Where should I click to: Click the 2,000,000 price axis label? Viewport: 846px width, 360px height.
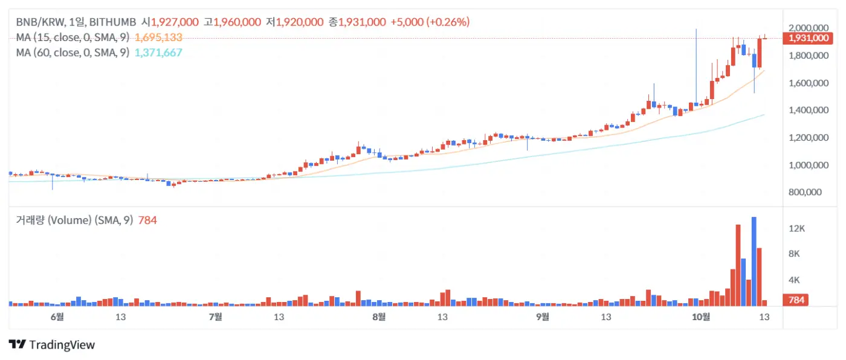pos(809,28)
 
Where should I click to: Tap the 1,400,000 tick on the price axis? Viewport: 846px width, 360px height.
pos(809,110)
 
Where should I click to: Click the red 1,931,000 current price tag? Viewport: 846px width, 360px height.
pos(806,38)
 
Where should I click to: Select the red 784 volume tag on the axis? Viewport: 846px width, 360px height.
pos(795,300)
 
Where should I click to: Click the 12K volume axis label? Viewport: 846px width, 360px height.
pos(798,228)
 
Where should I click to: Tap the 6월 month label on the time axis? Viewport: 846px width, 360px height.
pos(57,317)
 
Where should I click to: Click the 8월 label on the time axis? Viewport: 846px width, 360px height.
pos(379,317)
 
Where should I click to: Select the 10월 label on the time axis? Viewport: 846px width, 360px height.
pos(701,317)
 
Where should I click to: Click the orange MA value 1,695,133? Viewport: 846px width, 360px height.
pos(158,37)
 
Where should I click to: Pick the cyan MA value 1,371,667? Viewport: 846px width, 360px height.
pos(158,53)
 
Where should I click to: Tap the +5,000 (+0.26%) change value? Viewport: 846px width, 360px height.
pos(430,22)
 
